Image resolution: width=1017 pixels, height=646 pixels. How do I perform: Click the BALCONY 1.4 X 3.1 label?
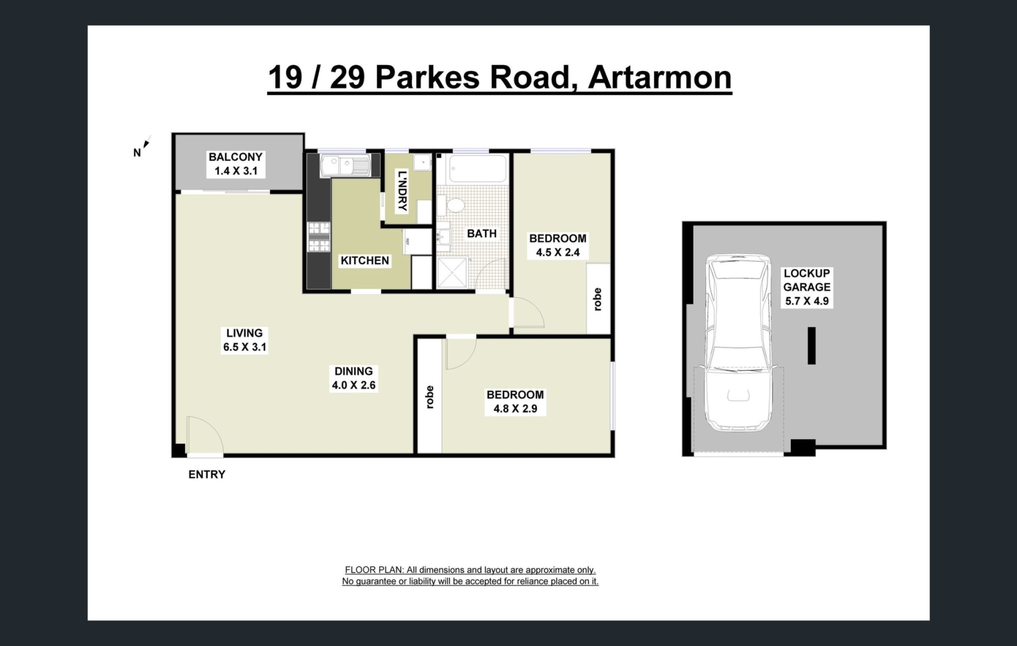click(236, 164)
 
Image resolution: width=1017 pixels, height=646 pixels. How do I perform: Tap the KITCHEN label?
click(365, 261)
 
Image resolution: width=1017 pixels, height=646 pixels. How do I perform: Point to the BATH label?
click(481, 234)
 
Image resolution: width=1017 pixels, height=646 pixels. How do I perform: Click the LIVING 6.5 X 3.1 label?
click(245, 340)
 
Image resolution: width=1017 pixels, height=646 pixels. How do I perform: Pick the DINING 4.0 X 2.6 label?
click(354, 378)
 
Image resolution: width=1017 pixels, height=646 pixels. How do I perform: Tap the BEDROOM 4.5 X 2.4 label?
click(558, 245)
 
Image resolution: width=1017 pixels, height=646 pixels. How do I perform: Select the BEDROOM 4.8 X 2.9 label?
click(515, 402)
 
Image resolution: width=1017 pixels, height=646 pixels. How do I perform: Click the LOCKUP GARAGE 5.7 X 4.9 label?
click(807, 287)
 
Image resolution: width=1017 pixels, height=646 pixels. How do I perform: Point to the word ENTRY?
click(207, 474)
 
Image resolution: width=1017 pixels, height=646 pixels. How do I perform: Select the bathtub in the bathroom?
click(477, 168)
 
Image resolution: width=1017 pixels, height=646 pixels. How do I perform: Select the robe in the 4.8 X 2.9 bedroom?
click(430, 396)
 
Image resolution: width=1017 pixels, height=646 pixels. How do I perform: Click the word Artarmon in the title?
click(660, 77)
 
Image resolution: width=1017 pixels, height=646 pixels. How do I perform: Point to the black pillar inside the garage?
click(811, 345)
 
